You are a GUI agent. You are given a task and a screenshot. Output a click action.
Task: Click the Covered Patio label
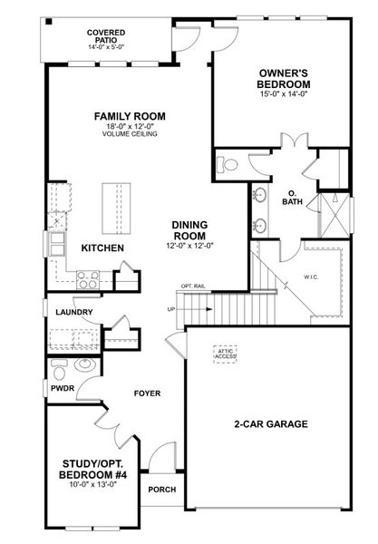click(x=107, y=37)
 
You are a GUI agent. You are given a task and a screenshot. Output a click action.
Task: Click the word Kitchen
click(x=102, y=248)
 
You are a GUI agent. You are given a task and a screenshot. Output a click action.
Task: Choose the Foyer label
click(x=147, y=393)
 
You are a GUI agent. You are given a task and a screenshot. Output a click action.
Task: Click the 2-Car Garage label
click(x=270, y=423)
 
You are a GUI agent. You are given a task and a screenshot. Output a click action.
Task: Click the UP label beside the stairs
click(x=170, y=308)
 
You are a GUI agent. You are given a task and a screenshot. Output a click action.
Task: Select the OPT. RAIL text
click(x=194, y=287)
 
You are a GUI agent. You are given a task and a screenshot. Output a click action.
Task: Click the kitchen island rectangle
click(x=116, y=207)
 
